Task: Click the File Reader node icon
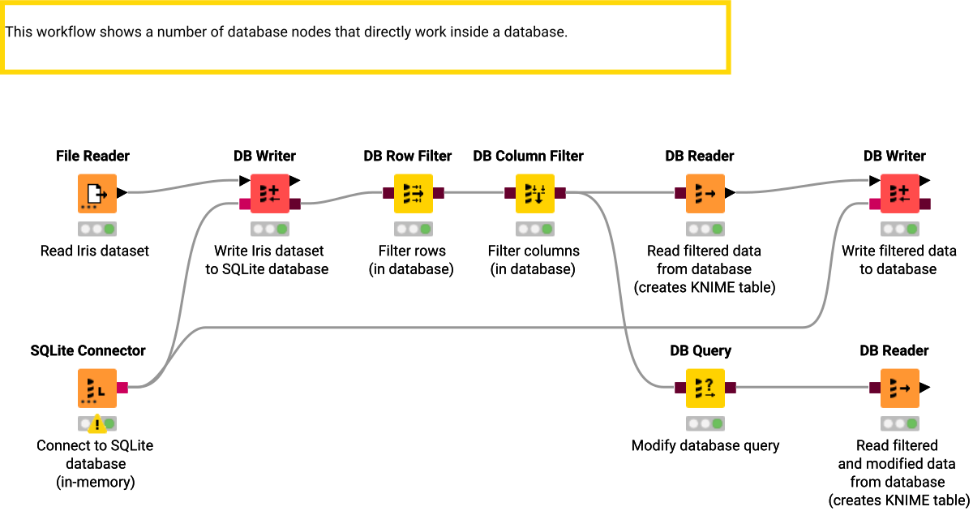pos(96,194)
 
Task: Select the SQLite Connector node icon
pos(96,389)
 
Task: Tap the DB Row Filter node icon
pos(413,194)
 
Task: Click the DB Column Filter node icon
pos(534,194)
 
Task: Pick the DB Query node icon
pos(705,389)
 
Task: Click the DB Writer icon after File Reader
pos(270,194)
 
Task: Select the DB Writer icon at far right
pos(899,194)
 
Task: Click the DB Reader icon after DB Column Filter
pos(705,194)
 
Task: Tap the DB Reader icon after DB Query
pos(899,389)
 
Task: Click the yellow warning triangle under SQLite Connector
pos(97,423)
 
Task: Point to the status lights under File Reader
pos(96,229)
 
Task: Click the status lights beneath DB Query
pos(705,423)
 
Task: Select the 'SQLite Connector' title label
pos(88,350)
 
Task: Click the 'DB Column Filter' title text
pos(528,156)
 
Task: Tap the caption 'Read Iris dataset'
pos(95,251)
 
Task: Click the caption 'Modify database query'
pos(705,445)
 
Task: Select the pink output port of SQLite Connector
pos(122,388)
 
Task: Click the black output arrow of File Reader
pos(122,193)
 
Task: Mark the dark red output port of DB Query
pos(730,388)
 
